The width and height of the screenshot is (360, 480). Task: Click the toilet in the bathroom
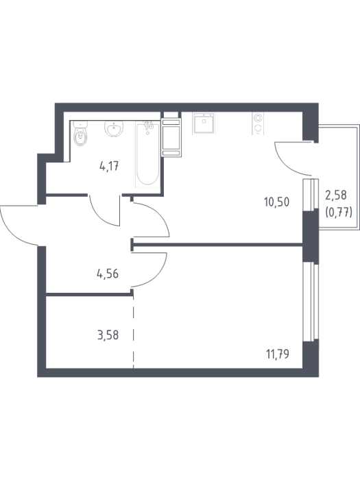point(80,134)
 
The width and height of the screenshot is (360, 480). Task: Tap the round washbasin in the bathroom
point(115,129)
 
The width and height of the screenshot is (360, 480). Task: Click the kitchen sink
point(204,123)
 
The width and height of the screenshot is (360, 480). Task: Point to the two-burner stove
point(258,123)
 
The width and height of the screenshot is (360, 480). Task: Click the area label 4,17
point(109,167)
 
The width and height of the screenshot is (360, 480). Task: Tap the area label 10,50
point(277,202)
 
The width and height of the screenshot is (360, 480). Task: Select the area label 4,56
point(108,274)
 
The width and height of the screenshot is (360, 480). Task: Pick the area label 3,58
point(108,335)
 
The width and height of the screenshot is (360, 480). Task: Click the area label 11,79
point(278,355)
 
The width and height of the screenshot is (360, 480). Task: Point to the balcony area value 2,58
point(336,195)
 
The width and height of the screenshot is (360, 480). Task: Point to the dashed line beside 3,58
point(134,332)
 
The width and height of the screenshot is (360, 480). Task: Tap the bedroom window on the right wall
point(311,302)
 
